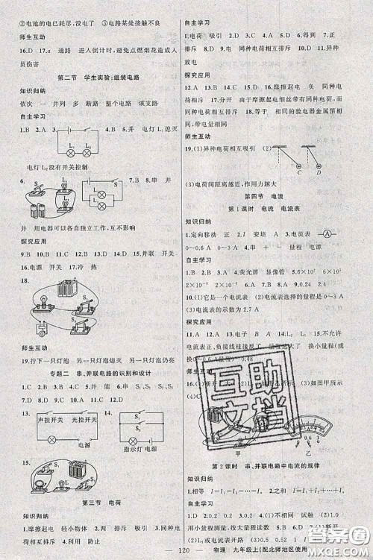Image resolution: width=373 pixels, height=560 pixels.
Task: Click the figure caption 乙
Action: pyautogui.click(x=327, y=454)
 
